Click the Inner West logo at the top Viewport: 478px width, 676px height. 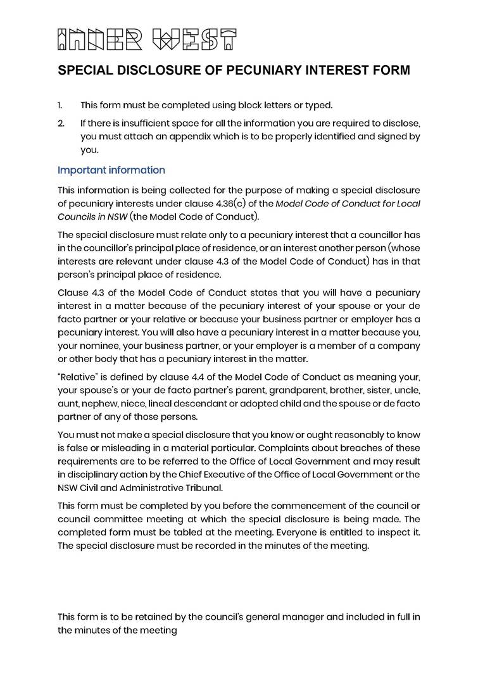tap(147, 39)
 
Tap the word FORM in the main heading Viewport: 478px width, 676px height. tap(389, 70)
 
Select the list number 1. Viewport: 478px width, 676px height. tap(60, 105)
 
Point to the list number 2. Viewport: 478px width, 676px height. tap(61, 122)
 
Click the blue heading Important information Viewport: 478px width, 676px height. tap(111, 170)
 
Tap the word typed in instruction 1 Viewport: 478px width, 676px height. tap(318, 105)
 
